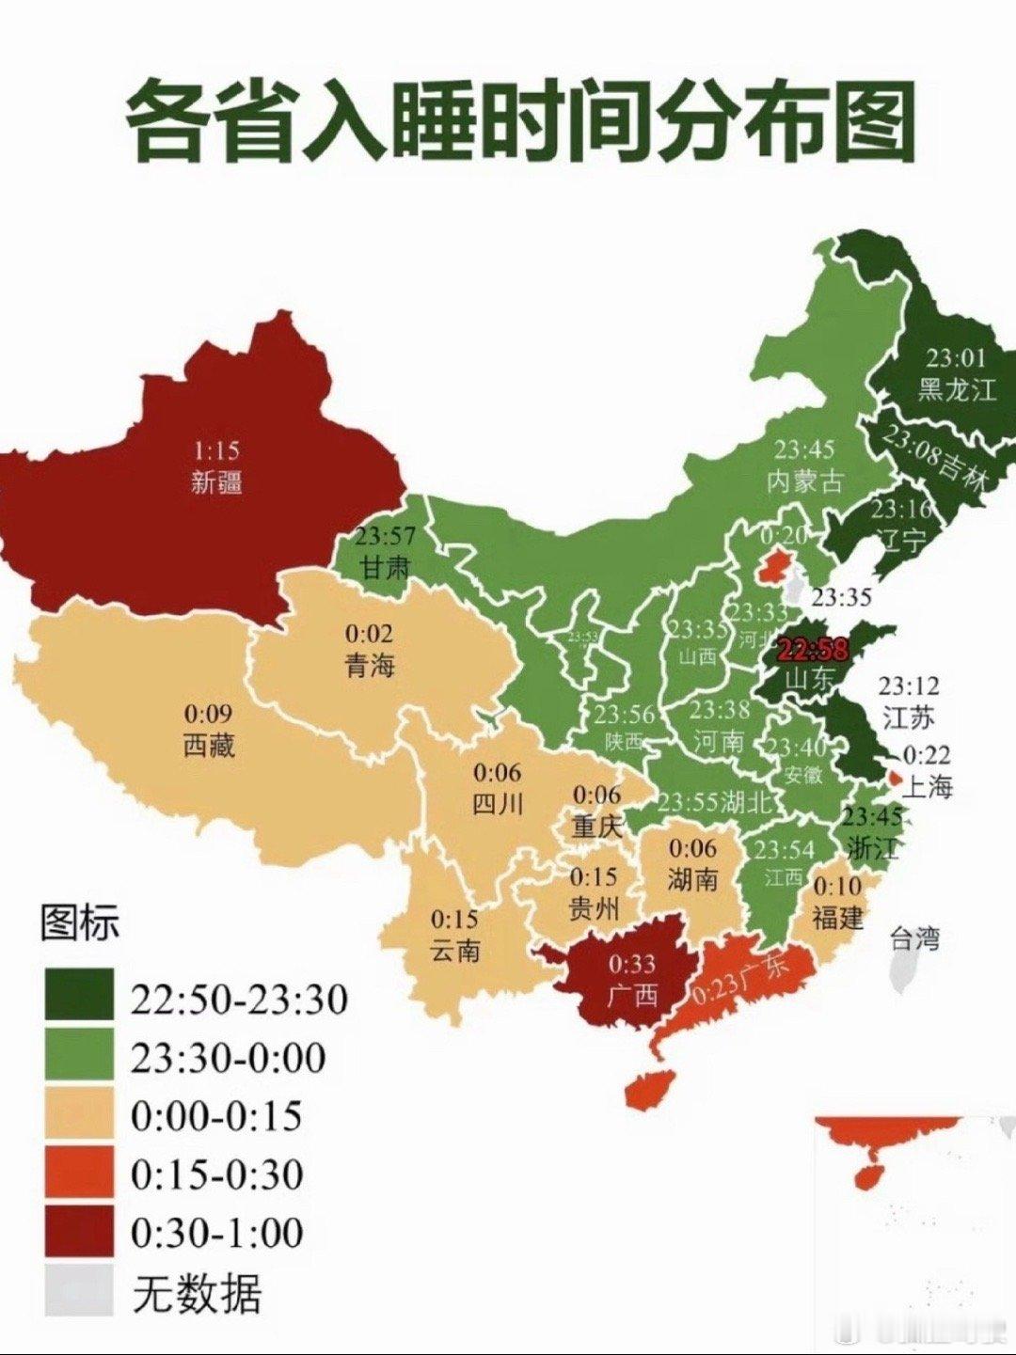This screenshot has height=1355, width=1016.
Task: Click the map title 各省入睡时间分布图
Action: click(520, 123)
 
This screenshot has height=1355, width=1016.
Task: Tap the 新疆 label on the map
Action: click(216, 482)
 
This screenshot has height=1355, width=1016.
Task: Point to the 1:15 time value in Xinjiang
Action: click(216, 450)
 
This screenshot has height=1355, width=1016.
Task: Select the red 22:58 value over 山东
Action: click(813, 649)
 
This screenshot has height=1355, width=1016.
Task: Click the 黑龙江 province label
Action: click(956, 389)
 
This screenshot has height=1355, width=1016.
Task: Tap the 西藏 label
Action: click(209, 746)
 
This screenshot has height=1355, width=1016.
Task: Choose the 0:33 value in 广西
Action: click(631, 963)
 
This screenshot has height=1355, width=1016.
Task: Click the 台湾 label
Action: click(914, 937)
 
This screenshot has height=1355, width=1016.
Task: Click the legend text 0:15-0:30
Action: click(216, 1175)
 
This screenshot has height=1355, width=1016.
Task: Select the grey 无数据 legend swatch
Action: click(79, 1292)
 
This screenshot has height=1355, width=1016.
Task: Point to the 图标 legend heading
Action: click(80, 923)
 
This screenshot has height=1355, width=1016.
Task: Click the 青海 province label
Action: click(370, 667)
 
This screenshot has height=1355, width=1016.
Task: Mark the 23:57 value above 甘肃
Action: click(385, 537)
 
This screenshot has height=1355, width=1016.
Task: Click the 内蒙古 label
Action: click(804, 481)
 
